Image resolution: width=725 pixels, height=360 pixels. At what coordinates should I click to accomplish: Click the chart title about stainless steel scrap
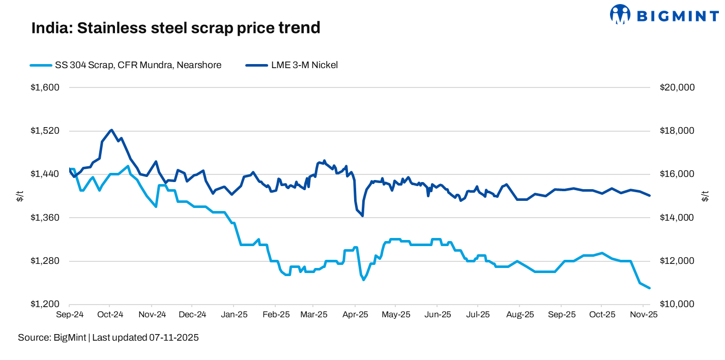[176, 28]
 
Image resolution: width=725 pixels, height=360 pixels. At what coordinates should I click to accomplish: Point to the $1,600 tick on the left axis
[46, 87]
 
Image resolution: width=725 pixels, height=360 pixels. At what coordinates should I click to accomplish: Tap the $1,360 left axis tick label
[46, 218]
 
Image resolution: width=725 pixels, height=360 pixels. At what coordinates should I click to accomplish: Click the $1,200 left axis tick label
[46, 304]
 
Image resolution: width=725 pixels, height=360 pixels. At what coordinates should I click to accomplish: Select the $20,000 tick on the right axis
[677, 87]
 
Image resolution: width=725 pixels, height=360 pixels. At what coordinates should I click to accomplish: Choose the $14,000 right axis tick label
[677, 218]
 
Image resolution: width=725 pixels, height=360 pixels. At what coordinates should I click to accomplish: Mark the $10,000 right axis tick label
[677, 304]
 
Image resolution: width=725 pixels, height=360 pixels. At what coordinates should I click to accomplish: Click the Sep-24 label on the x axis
[69, 315]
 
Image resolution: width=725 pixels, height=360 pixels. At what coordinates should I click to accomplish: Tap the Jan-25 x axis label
[234, 315]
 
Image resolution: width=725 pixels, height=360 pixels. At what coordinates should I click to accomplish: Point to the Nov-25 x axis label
[643, 315]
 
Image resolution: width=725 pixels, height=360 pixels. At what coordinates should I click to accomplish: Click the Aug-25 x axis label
[520, 315]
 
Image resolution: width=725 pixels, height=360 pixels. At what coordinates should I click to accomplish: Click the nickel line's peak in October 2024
[111, 130]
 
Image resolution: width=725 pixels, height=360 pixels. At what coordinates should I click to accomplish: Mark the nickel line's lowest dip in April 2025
[362, 216]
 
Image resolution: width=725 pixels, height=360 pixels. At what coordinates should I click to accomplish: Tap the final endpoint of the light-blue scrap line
[650, 288]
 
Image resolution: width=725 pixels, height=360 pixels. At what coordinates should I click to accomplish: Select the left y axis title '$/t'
[20, 196]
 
